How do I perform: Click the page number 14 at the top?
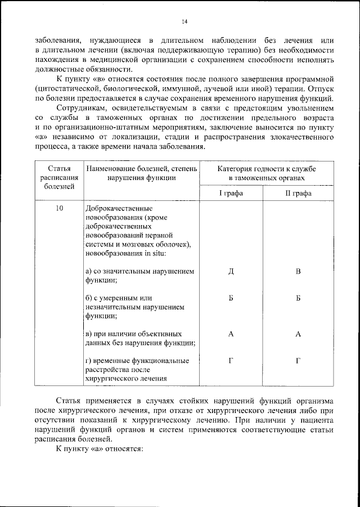184,22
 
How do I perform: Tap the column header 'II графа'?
298,193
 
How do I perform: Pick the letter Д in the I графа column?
231,272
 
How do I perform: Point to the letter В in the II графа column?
298,272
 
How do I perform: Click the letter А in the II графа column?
298,334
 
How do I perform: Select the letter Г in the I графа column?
231,361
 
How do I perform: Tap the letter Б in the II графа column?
298,298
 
